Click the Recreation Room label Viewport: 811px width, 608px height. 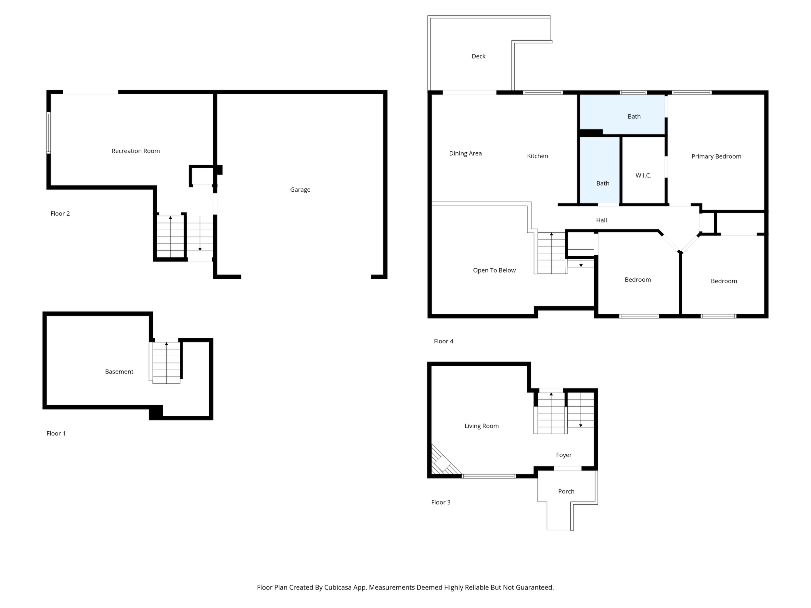coord(136,151)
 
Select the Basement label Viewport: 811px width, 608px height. coord(119,372)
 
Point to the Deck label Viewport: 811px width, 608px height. coord(479,57)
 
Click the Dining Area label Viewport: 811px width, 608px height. coord(466,154)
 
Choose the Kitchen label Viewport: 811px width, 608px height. coord(537,156)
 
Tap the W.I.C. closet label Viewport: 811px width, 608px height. coord(643,175)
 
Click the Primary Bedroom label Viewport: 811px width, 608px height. coord(716,157)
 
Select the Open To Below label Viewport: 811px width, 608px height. coord(494,271)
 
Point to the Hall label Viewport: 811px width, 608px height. coord(602,220)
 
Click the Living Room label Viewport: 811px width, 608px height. coord(482,426)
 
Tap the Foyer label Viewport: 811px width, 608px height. coord(564,455)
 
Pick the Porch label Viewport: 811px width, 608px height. coord(566,491)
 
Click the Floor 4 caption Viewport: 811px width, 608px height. coord(444,342)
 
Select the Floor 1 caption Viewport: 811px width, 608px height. coord(56,434)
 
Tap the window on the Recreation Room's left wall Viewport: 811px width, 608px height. coord(48,133)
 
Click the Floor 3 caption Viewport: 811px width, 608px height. coord(441,502)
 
